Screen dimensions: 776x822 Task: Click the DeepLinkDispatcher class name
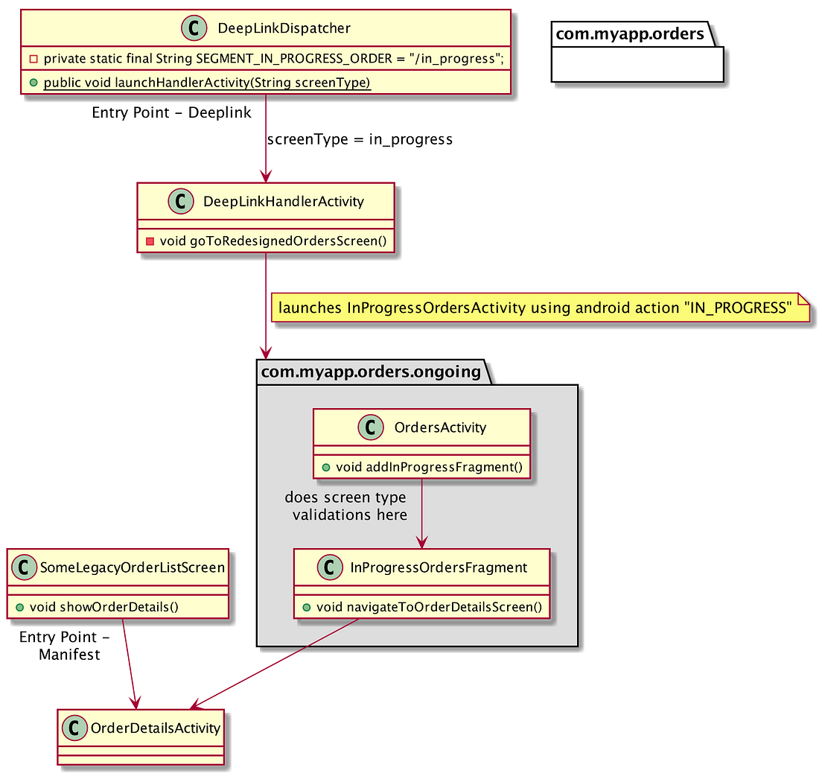click(x=284, y=28)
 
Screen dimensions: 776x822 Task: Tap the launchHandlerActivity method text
click(x=207, y=82)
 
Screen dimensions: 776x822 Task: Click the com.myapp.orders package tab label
click(x=630, y=34)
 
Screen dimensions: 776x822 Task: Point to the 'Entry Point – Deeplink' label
click(x=171, y=113)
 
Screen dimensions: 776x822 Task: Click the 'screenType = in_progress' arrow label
click(x=360, y=139)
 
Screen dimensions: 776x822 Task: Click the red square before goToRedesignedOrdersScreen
click(x=150, y=241)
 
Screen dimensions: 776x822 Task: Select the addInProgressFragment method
click(x=429, y=467)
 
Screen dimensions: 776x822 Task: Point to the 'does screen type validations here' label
click(x=346, y=506)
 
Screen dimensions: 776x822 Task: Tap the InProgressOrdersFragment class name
click(x=439, y=567)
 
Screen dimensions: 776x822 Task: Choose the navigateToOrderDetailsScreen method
click(x=429, y=607)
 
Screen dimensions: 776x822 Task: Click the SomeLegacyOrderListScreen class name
click(x=132, y=567)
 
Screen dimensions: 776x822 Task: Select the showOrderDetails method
click(x=118, y=606)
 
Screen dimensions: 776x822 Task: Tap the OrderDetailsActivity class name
click(x=155, y=728)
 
